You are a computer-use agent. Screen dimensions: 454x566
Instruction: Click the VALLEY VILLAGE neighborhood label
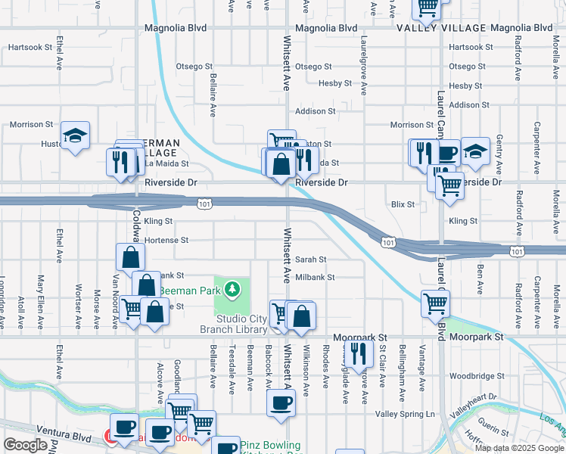(x=441, y=28)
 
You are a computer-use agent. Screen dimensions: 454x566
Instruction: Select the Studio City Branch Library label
(x=233, y=324)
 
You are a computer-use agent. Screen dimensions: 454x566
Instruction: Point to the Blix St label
(x=403, y=204)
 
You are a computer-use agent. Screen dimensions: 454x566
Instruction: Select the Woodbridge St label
(x=476, y=376)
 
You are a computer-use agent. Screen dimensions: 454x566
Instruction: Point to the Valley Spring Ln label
(x=406, y=414)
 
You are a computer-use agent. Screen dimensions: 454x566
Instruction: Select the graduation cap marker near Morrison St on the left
(x=75, y=136)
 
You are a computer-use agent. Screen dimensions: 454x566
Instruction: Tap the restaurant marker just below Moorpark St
(x=358, y=353)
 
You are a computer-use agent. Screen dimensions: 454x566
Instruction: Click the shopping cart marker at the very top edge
(x=427, y=7)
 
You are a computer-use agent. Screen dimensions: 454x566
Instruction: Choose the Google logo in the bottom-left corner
(x=24, y=445)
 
